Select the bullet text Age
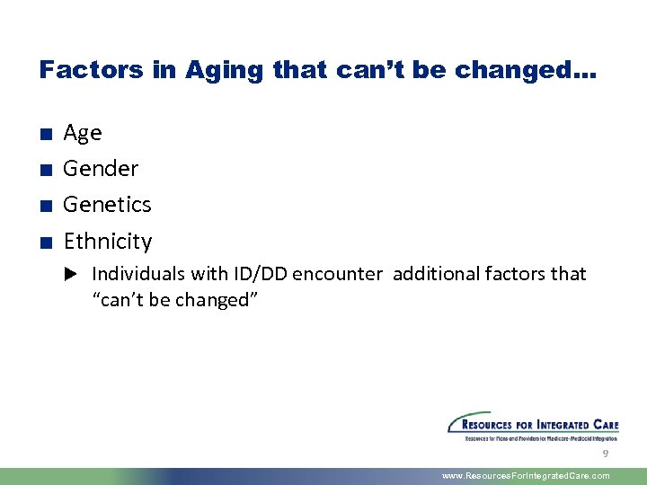(83, 133)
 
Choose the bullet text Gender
(101, 169)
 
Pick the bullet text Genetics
(107, 205)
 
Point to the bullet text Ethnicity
(108, 242)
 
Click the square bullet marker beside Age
(44, 135)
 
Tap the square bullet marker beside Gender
(44, 171)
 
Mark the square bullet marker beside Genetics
(44, 207)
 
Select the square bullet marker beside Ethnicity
(44, 242)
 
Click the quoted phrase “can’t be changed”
(175, 300)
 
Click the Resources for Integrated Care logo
(533, 428)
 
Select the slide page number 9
(606, 454)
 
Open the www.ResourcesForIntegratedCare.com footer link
(526, 476)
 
